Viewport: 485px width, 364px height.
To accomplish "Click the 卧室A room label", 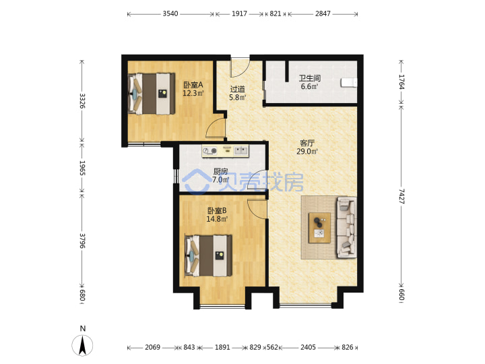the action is (193, 84).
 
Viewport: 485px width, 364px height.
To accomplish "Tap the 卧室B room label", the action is (217, 211).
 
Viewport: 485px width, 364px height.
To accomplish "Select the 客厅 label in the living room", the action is (307, 143).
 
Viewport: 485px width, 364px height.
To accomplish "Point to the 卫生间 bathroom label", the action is (309, 78).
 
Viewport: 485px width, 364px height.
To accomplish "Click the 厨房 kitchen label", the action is (220, 171).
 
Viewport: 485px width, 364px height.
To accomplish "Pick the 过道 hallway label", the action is (238, 89).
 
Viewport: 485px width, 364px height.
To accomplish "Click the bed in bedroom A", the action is (152, 94).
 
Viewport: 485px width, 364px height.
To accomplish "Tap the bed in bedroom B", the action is (208, 255).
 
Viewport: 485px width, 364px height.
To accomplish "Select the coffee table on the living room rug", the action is (319, 228).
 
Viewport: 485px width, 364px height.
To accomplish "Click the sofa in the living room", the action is (346, 227).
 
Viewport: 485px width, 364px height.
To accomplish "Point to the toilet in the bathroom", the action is (349, 83).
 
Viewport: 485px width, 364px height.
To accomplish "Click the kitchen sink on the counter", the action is (241, 151).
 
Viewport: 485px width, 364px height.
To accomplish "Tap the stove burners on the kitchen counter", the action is (209, 151).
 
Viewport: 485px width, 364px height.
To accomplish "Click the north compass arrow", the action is (82, 345).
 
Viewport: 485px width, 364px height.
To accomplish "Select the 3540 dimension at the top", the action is (170, 13).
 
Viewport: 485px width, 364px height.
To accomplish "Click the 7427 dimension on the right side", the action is (401, 196).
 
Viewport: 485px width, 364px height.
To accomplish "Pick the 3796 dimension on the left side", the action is (82, 241).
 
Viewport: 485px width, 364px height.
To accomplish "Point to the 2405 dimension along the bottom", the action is (308, 347).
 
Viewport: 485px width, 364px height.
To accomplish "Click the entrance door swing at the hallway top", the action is (240, 68).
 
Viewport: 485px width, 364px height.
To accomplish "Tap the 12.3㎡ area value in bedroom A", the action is (193, 93).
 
